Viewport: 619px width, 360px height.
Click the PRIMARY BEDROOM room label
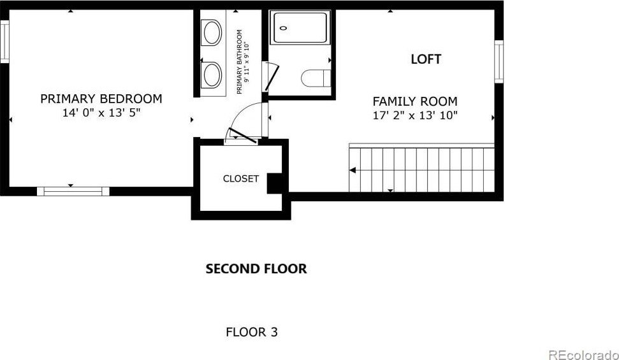pos(101,99)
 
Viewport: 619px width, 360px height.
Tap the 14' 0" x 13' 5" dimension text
pos(101,113)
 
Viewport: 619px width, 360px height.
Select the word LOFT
pos(426,59)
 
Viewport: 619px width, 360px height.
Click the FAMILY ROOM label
pos(415,101)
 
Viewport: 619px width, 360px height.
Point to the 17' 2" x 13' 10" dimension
pos(415,116)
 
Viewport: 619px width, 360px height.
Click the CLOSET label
pos(241,179)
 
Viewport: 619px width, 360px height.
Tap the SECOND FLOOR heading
pos(256,269)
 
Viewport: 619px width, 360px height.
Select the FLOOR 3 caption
pos(252,332)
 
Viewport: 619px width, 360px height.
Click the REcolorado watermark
pos(583,355)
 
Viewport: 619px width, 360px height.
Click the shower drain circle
pos(283,28)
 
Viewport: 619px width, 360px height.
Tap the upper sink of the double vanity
pos(212,32)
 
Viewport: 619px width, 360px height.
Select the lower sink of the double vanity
pos(212,75)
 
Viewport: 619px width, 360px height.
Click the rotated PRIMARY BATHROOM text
pos(242,62)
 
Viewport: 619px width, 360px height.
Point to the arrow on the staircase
pos(352,170)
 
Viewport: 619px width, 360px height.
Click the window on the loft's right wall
pos(499,62)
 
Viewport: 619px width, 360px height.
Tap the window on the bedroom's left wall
pos(4,41)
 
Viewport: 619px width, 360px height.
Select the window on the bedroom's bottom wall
pos(73,191)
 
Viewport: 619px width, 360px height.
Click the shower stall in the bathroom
pos(300,27)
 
